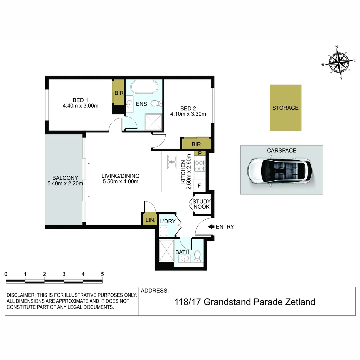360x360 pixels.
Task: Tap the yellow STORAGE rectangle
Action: pyautogui.click(x=285, y=108)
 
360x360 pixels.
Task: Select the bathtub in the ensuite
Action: pyautogui.click(x=144, y=87)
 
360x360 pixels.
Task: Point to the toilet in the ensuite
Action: pyautogui.click(x=156, y=103)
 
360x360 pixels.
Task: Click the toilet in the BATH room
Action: pyautogui.click(x=197, y=256)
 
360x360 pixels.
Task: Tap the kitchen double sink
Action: pyautogui.click(x=172, y=162)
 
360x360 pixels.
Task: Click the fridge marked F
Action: pyautogui.click(x=199, y=186)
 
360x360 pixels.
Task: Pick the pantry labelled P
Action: pyautogui.click(x=200, y=153)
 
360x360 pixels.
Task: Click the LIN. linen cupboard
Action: pyautogui.click(x=150, y=220)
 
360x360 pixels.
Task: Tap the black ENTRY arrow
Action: pyautogui.click(x=211, y=227)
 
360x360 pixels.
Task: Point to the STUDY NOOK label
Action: pyautogui.click(x=201, y=204)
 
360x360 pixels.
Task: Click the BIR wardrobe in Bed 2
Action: pyautogui.click(x=196, y=144)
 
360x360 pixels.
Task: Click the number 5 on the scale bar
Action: pyautogui.click(x=102, y=274)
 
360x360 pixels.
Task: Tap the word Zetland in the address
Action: pyautogui.click(x=300, y=302)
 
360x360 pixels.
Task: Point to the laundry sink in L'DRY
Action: pyautogui.click(x=164, y=231)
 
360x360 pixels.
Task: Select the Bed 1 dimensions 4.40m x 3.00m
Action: pyautogui.click(x=81, y=106)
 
